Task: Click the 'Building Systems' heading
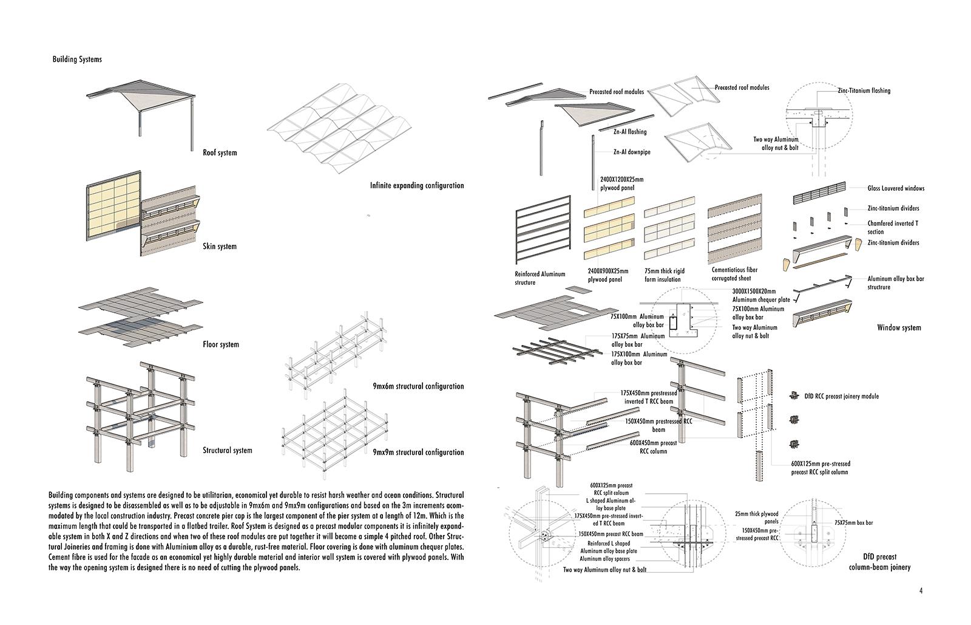click(77, 60)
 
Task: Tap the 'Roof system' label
click(220, 152)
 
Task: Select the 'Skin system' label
click(220, 247)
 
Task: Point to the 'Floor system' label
click(221, 344)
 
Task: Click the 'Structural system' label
click(227, 451)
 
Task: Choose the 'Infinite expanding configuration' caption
click(416, 186)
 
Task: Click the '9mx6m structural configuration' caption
click(418, 386)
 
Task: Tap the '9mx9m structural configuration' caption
click(418, 453)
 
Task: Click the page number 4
click(921, 590)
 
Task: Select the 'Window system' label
click(899, 328)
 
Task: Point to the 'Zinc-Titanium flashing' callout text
click(864, 91)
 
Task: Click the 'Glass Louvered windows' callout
click(896, 188)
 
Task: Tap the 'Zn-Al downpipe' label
click(631, 152)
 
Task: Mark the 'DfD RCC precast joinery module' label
click(841, 397)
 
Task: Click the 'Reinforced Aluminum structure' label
click(540, 278)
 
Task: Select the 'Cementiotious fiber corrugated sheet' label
click(734, 274)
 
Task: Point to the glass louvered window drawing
click(818, 197)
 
